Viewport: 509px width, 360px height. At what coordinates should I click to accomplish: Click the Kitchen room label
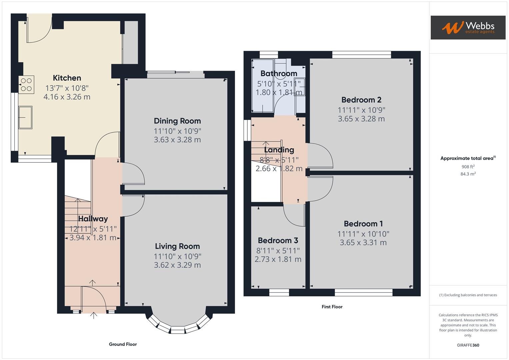coord(67,78)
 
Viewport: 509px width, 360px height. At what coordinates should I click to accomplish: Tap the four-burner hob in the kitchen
coord(26,85)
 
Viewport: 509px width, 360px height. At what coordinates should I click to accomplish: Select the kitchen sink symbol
coord(25,117)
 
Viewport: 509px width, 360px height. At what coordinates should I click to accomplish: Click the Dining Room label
coord(177,121)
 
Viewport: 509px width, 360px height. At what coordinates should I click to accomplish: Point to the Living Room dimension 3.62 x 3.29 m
coord(177,265)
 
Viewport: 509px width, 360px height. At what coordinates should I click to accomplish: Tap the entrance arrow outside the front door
coord(94,315)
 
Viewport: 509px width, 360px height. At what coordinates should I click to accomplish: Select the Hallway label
coord(93,219)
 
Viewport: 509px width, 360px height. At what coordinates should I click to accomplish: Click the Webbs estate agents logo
coord(468,28)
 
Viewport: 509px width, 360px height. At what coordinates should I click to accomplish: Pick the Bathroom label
coord(279,74)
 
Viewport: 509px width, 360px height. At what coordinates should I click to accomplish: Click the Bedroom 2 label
coord(361,100)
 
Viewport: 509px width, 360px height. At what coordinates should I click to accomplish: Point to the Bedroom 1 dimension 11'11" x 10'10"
coord(363,234)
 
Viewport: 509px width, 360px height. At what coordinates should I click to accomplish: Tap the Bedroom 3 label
coord(278,240)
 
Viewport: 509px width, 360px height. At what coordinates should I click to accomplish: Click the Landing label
coord(279,150)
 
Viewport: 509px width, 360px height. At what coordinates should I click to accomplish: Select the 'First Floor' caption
coord(332,307)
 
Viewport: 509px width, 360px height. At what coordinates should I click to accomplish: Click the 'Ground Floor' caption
coord(123,344)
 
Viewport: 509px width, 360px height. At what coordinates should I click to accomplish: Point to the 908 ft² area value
coord(468,167)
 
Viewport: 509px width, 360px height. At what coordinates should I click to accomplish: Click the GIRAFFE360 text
coord(468,345)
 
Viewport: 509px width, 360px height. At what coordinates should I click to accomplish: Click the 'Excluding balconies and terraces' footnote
coord(468,295)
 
